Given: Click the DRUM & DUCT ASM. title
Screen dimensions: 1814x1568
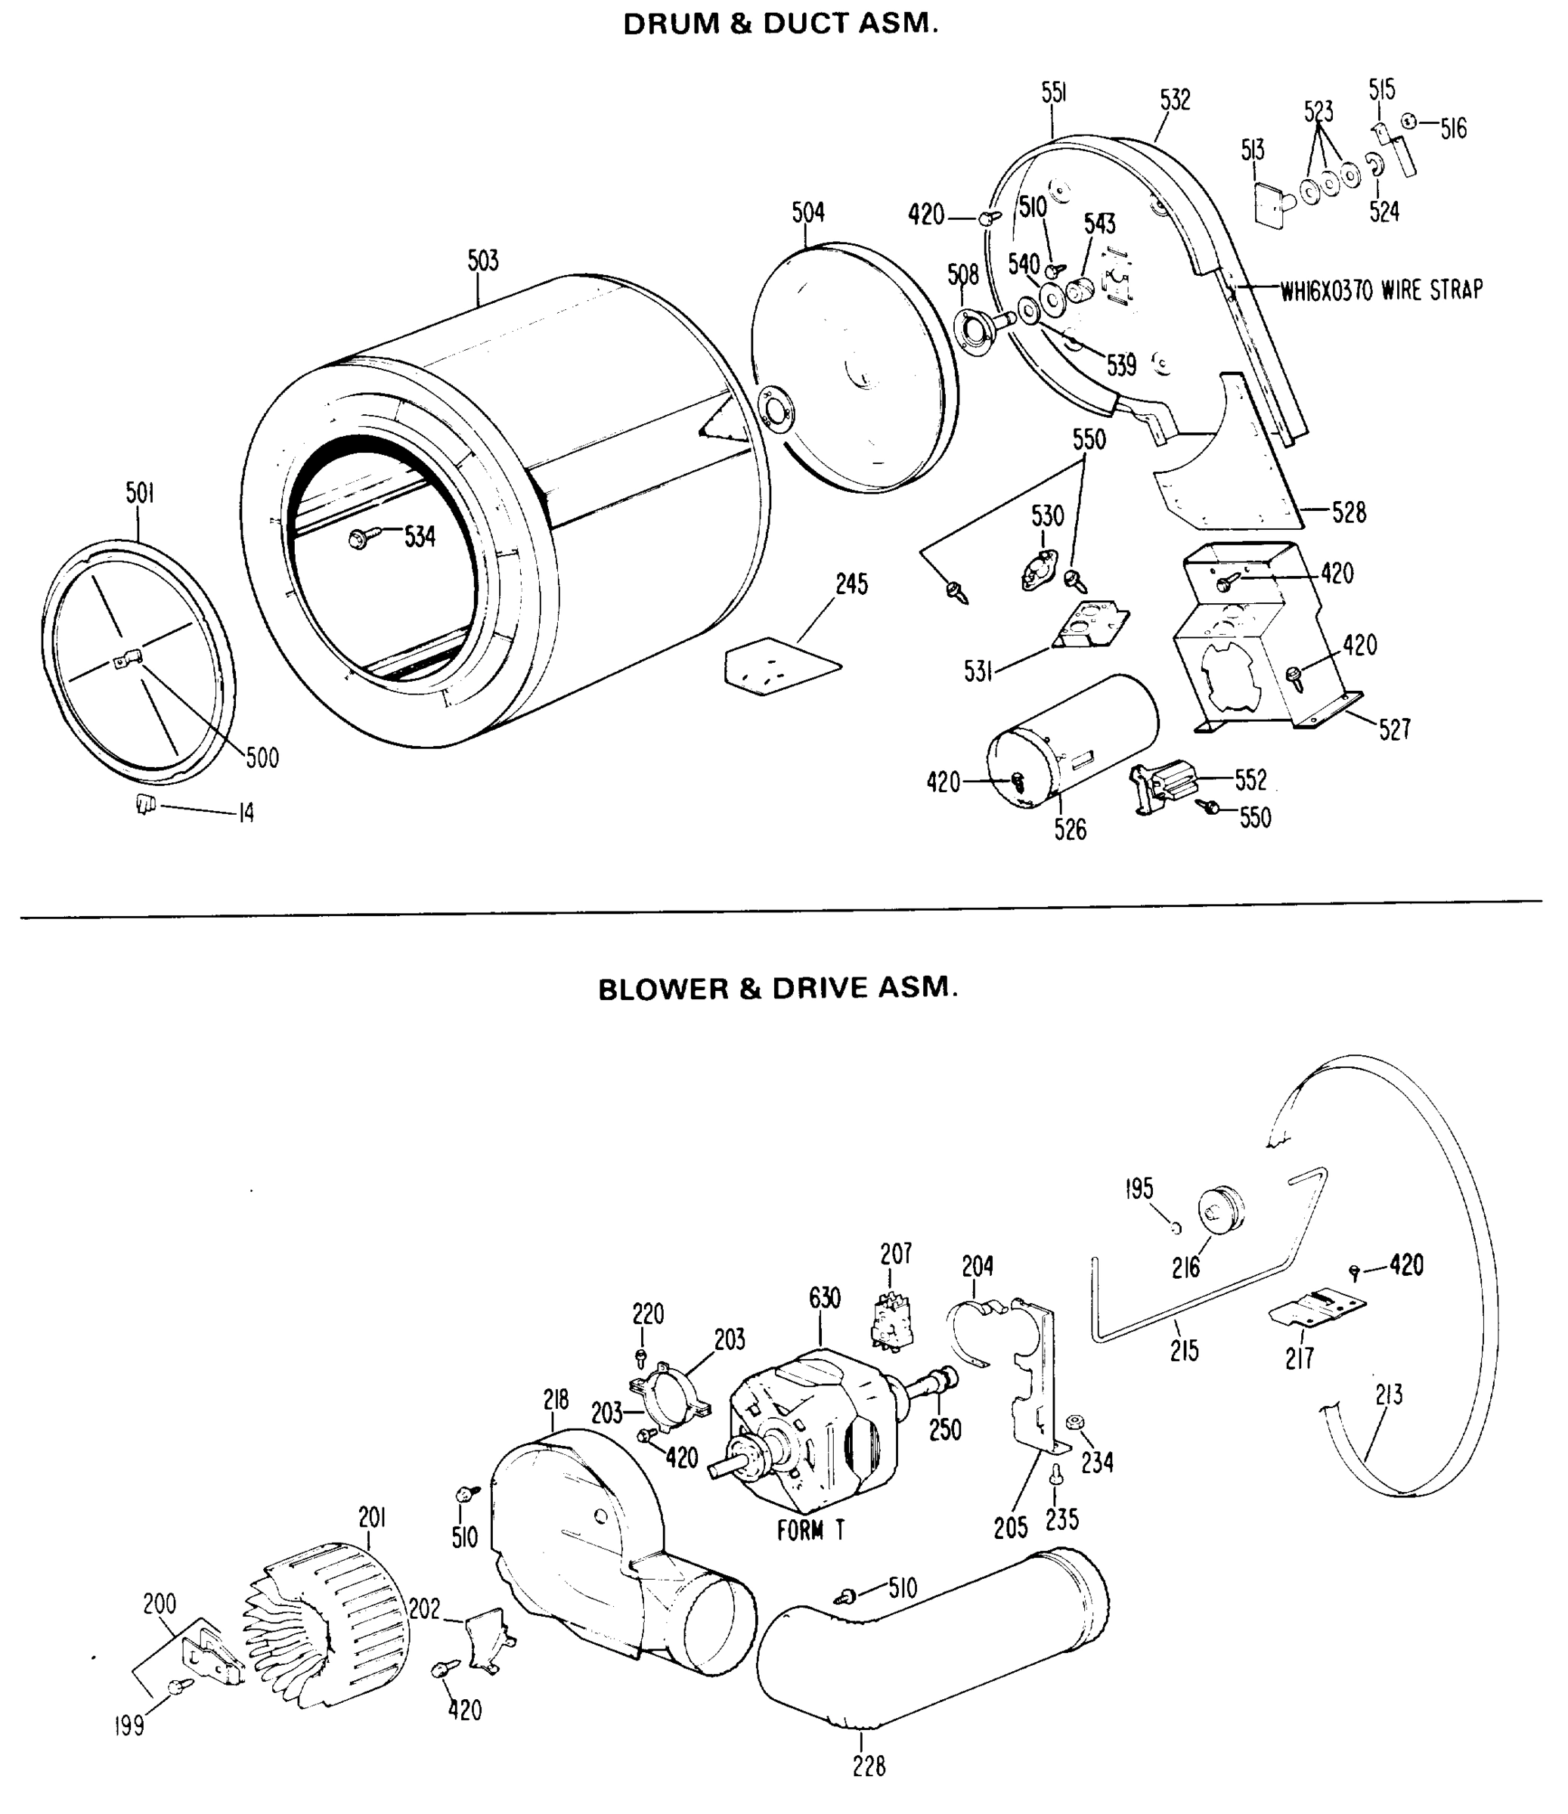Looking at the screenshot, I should (780, 23).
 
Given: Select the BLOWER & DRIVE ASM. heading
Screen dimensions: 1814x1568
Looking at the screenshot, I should (777, 989).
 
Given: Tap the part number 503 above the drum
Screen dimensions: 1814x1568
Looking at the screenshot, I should (482, 261).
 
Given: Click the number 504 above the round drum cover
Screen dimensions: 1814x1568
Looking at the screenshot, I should (808, 212).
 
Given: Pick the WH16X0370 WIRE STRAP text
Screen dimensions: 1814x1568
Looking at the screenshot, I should (1381, 289).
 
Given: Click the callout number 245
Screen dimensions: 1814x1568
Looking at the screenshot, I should (851, 585).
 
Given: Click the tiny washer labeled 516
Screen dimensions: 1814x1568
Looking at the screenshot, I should (1409, 122).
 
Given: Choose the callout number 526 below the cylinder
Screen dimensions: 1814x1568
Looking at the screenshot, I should (1070, 830).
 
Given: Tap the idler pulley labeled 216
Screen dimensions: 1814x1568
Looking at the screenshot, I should (1220, 1211).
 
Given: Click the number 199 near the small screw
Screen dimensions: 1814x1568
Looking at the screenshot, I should (129, 1726).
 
